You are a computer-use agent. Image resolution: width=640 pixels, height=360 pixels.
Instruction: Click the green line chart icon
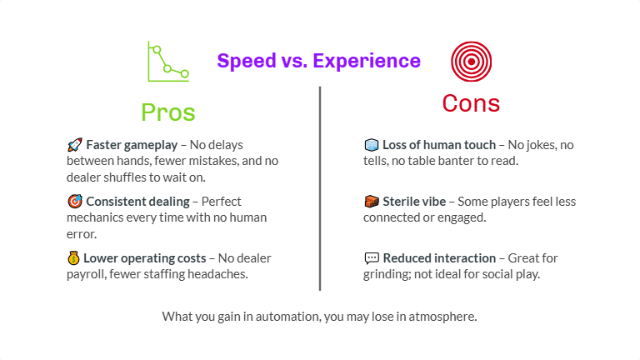(x=167, y=62)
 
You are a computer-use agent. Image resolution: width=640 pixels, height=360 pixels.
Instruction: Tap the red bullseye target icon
(x=471, y=61)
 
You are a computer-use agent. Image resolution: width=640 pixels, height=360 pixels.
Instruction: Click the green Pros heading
(x=167, y=112)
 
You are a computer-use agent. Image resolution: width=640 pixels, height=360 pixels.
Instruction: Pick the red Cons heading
(x=471, y=102)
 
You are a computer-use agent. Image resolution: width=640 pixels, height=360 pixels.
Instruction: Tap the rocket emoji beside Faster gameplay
(x=74, y=145)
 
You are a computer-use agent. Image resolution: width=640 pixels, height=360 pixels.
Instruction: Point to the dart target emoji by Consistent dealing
(x=74, y=202)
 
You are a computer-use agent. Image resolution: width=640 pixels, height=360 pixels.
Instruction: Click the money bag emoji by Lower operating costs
(x=74, y=258)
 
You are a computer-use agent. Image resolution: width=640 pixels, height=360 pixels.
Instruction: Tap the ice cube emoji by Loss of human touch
(x=372, y=145)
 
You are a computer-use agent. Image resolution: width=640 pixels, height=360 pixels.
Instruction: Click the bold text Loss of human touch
(x=439, y=145)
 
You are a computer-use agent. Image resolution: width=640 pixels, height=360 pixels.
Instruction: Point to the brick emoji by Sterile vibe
(x=372, y=202)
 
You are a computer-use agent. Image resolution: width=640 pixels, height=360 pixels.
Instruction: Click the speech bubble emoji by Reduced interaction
(x=372, y=258)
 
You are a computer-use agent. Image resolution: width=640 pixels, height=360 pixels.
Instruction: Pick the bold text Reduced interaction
(x=437, y=258)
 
